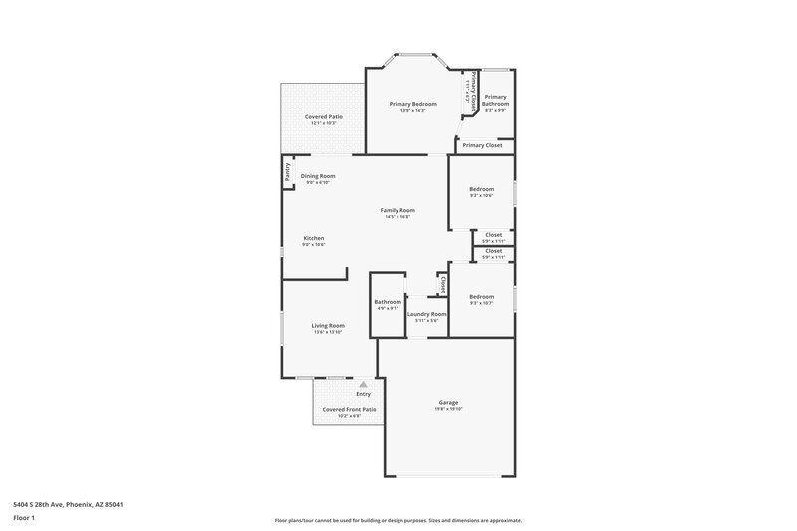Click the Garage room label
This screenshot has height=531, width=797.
448,402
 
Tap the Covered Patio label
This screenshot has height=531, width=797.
324,117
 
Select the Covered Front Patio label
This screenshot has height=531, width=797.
349,409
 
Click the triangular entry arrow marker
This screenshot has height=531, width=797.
364,384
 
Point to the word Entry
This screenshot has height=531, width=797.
363,394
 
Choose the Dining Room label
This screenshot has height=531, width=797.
318,176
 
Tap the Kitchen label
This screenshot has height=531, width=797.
314,238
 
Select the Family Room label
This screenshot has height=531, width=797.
398,210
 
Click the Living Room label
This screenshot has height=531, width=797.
328,325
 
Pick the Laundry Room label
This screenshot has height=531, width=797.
426,314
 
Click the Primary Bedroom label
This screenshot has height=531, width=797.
412,104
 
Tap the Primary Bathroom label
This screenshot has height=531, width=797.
496,101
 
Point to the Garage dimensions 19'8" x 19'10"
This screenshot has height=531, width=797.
448,409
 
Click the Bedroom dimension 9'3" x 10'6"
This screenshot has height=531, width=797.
481,195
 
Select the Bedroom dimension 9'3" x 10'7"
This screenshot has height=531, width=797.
481,303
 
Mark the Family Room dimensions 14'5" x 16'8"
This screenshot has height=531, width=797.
398,217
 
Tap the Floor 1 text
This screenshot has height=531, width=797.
25,519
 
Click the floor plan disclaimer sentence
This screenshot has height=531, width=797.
398,520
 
